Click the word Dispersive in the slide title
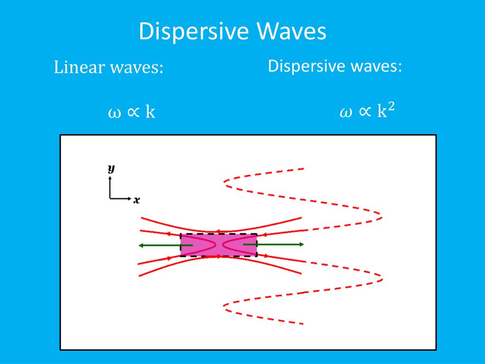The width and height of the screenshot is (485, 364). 194,32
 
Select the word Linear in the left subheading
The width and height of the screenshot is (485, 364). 79,67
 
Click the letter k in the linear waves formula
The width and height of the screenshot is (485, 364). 150,112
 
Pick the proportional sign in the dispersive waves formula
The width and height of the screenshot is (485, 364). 364,113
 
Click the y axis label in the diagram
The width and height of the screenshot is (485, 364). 111,169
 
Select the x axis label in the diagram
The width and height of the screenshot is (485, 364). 136,200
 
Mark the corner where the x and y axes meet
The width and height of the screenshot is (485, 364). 110,198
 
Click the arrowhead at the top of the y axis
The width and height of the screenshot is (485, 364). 110,179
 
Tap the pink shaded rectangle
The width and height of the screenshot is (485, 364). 218,245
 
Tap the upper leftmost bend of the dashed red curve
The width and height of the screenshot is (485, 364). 225,181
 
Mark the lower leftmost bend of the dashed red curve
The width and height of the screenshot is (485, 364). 225,307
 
